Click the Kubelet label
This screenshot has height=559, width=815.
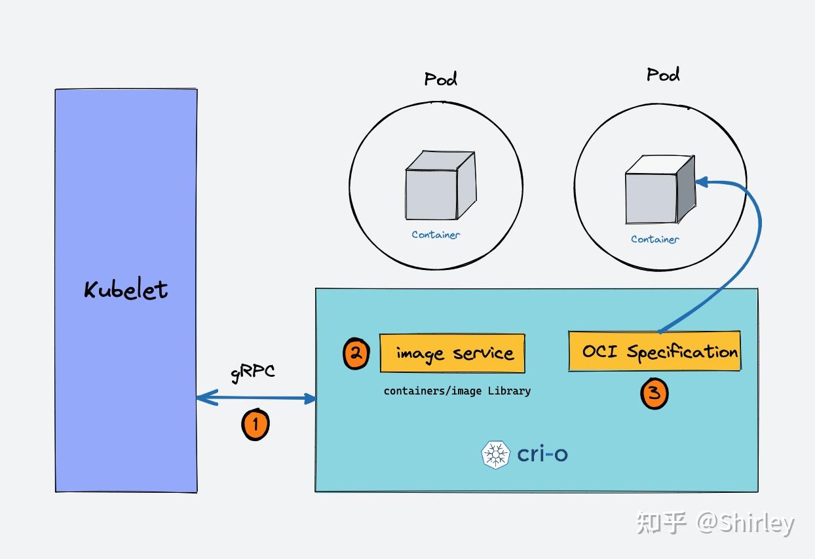tap(126, 290)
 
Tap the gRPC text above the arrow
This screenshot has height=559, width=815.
tap(253, 372)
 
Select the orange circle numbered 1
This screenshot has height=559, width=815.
tap(256, 424)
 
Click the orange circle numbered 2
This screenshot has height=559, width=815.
tap(356, 354)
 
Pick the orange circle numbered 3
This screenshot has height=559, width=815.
tap(654, 394)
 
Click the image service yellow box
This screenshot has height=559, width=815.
tap(453, 353)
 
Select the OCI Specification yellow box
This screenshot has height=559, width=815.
tap(654, 352)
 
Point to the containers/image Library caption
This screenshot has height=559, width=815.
tap(457, 391)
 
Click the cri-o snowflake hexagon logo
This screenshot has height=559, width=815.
tap(495, 454)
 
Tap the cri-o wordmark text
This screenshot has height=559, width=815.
tap(542, 453)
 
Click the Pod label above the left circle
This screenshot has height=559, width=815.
tap(440, 79)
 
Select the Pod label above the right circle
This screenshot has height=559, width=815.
tap(663, 74)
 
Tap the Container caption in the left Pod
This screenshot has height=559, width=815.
tap(436, 235)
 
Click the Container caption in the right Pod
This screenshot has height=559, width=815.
tap(654, 239)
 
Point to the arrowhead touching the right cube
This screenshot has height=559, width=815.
tap(702, 182)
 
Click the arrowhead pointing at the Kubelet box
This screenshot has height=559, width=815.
tap(204, 397)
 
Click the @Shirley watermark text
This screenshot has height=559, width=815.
tap(745, 523)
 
